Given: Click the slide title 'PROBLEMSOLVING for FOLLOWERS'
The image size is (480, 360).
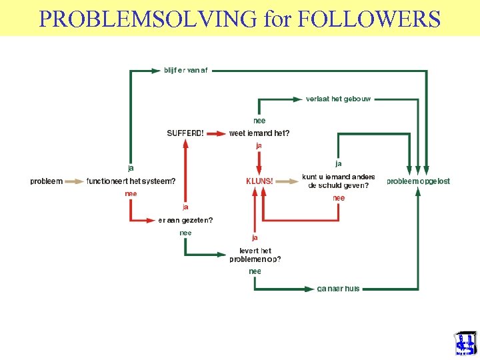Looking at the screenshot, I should (x=240, y=18).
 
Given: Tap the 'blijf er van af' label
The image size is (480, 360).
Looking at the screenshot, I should (x=185, y=70).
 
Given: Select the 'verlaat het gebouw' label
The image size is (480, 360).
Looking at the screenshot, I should (x=338, y=99).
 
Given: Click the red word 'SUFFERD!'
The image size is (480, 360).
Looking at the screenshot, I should (x=185, y=133).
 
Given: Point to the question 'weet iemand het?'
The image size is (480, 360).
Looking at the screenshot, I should (x=259, y=133).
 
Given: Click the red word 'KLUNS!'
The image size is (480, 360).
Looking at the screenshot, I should (x=259, y=181).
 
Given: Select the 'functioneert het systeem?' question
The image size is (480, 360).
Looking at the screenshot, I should (x=131, y=181).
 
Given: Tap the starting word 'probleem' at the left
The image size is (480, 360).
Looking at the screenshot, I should (x=47, y=181).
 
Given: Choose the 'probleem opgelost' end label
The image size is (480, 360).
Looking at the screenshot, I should (x=419, y=181).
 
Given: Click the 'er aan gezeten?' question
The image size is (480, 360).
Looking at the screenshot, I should (x=185, y=220).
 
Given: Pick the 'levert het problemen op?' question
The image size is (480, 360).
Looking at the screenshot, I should (x=255, y=255).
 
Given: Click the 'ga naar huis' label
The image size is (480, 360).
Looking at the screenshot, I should (x=338, y=289).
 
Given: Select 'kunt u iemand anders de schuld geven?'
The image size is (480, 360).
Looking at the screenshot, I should (x=339, y=181).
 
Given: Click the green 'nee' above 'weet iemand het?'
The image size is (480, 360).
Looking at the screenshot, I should (x=259, y=121).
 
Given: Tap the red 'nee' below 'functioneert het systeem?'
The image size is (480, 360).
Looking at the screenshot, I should (x=131, y=194).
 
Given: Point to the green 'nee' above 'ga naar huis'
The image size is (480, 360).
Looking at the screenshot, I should (x=255, y=271).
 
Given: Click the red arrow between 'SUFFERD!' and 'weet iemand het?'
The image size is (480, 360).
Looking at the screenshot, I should (x=216, y=133).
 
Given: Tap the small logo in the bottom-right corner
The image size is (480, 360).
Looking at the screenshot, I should (x=465, y=344).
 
